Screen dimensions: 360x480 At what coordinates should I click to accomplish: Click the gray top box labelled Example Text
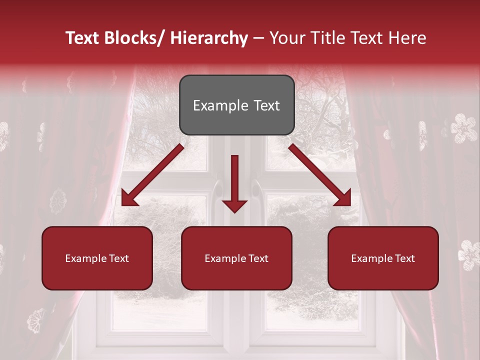236,105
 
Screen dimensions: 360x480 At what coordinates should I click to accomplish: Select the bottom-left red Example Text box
97,258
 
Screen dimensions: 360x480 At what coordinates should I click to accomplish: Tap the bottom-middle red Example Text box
236,258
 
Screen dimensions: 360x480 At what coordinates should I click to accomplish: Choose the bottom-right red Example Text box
383,258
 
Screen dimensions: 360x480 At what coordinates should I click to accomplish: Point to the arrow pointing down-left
152,175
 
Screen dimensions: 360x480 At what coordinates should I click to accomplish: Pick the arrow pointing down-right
320,175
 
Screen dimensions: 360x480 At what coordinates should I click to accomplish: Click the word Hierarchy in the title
209,38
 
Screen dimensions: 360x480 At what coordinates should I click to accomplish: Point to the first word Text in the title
83,38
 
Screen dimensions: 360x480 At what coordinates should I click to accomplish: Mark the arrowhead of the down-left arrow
129,198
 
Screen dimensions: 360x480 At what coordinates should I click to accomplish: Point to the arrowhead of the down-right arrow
343,198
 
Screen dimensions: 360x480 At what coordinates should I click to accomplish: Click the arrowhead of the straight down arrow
234,204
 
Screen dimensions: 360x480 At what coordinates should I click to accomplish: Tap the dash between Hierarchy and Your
258,38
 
